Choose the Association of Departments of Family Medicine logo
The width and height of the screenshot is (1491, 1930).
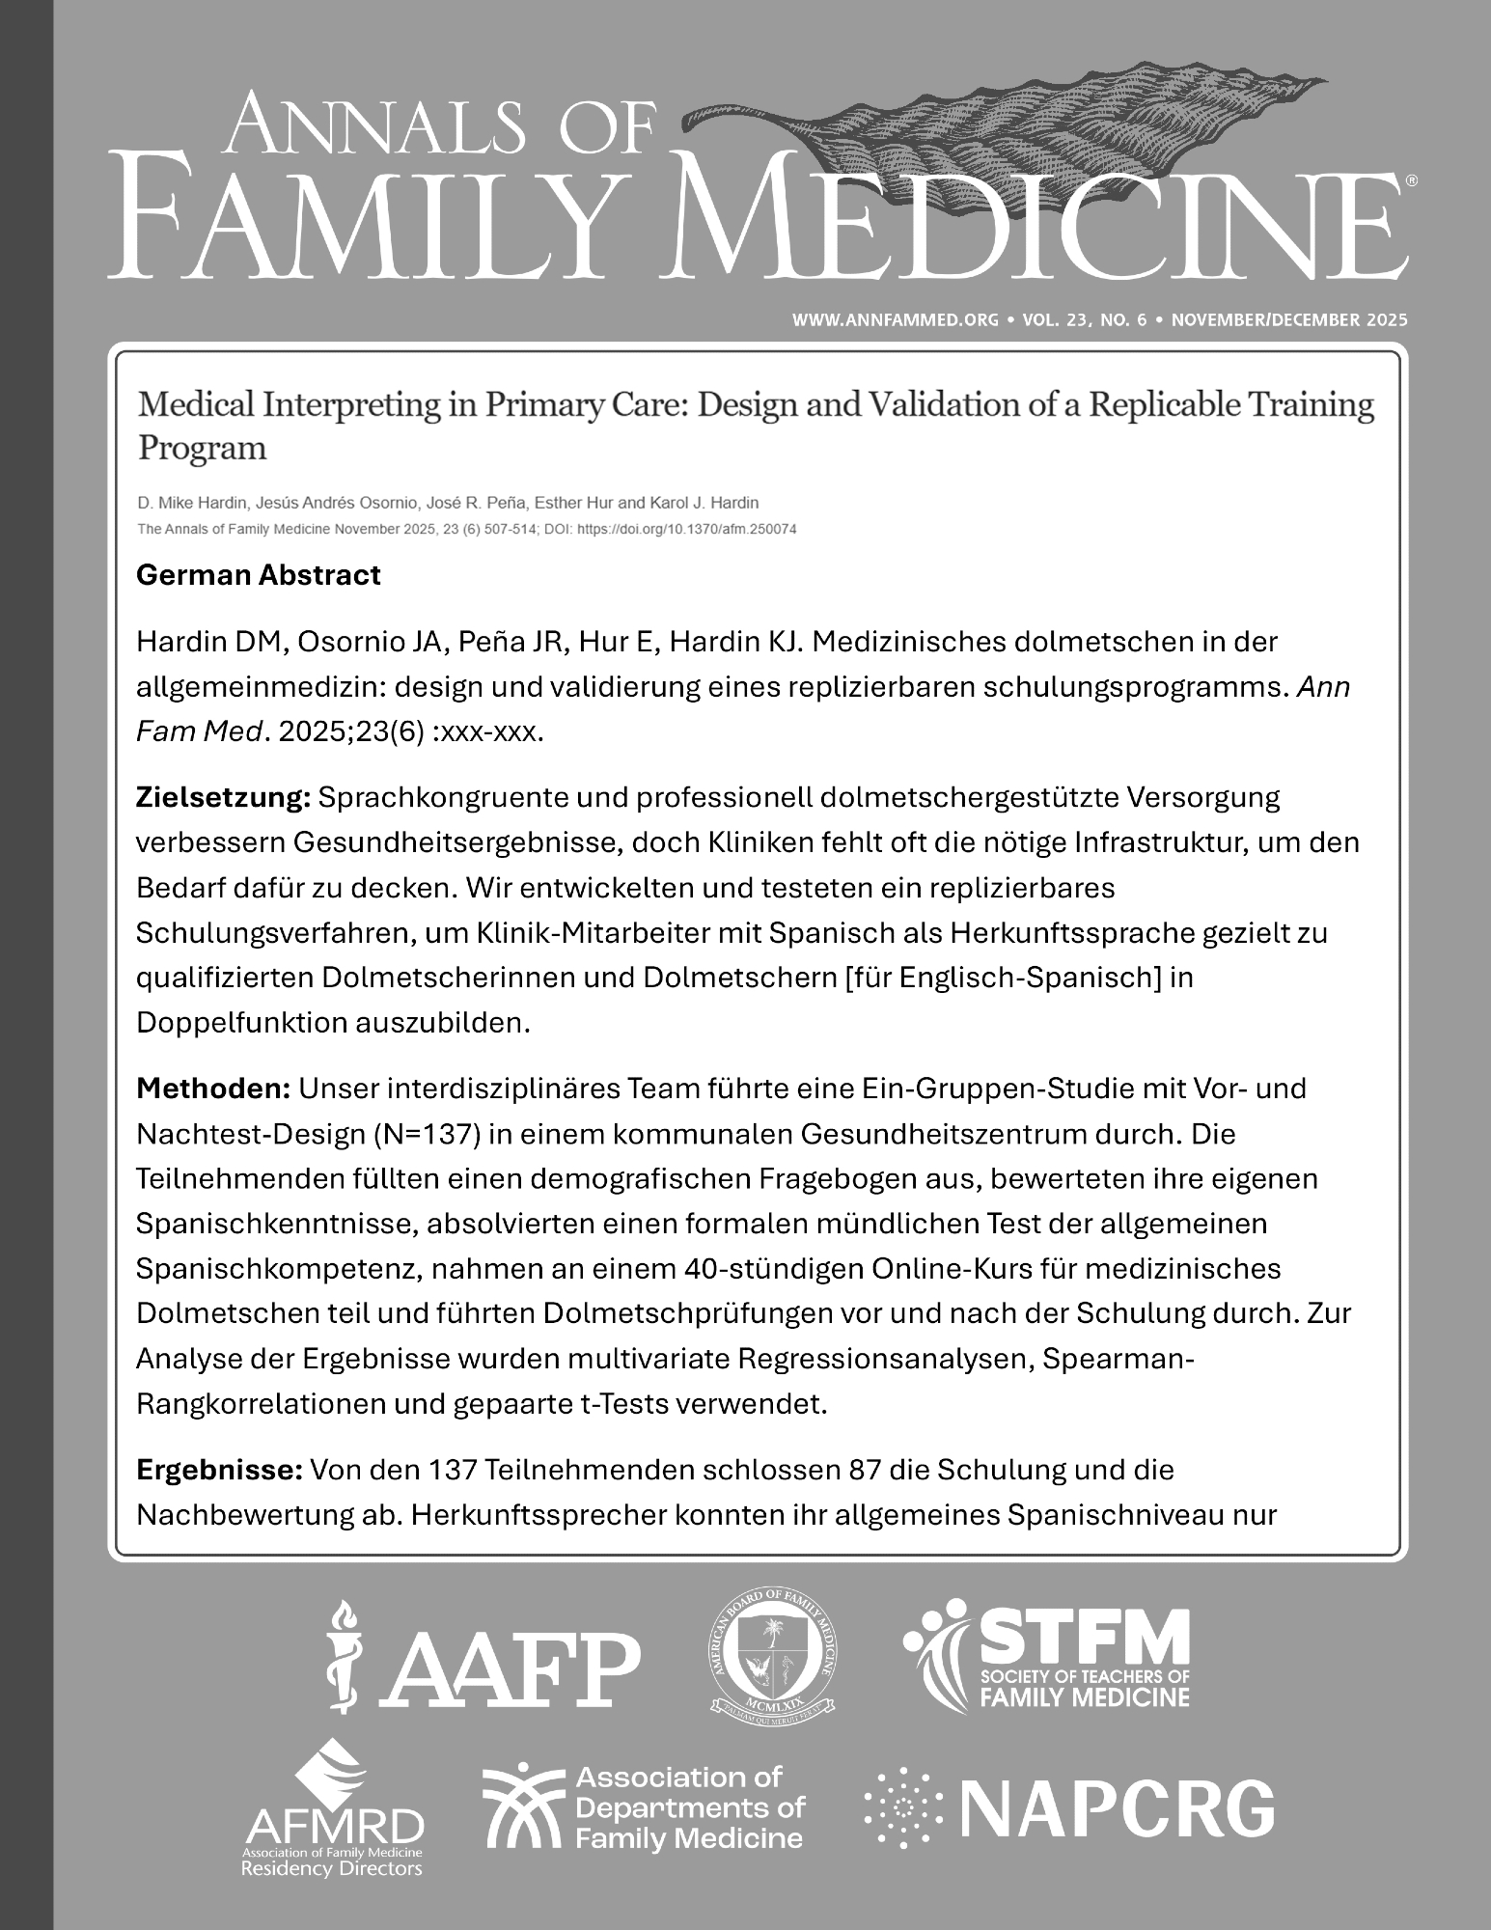(643, 1807)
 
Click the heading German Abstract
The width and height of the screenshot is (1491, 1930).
(258, 575)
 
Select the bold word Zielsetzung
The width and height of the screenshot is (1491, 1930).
(222, 798)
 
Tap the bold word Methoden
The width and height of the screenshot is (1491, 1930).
(213, 1089)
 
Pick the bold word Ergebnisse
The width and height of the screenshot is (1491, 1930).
(220, 1471)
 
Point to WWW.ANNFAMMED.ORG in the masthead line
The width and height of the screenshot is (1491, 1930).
(895, 319)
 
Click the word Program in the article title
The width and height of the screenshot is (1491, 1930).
(202, 448)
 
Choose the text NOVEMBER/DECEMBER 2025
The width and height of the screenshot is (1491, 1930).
(1289, 319)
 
